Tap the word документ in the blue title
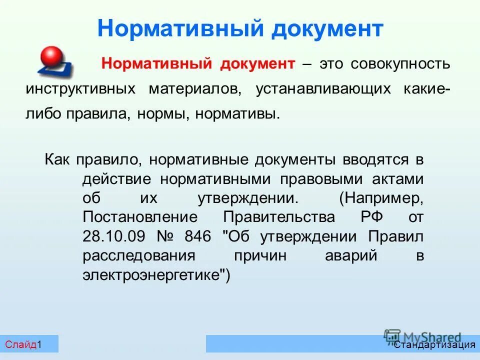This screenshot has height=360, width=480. point(327,28)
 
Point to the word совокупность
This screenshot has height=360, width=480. point(400,64)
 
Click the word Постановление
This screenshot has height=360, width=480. point(140,217)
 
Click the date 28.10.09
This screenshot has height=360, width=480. point(111,236)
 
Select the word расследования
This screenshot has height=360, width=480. point(138,256)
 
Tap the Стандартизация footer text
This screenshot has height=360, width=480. point(434,344)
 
